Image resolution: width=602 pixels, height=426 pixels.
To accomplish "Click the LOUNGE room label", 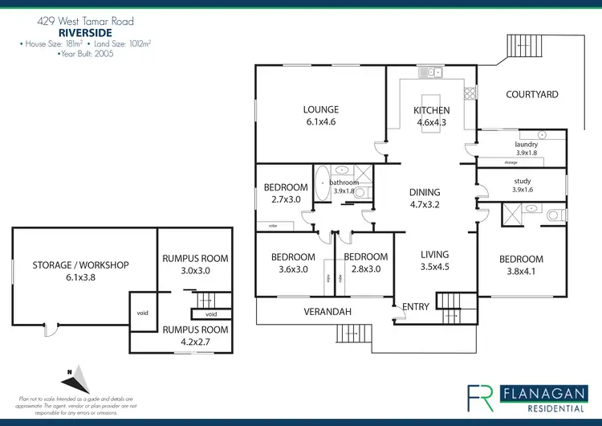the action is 320,110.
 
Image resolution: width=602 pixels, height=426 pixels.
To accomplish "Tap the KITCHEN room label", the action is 431,111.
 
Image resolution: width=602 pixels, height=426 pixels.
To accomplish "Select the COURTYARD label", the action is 532,95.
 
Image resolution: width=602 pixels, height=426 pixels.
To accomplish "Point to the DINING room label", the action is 425,192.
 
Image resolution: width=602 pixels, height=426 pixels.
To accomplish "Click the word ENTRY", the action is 416,306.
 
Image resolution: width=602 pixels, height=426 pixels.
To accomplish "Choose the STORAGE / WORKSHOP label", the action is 80,265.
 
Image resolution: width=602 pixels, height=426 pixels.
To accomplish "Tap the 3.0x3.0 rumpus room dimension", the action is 195,271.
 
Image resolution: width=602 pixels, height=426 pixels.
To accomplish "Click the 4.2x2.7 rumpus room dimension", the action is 195,342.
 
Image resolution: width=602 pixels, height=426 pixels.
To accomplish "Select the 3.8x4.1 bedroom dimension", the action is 521,271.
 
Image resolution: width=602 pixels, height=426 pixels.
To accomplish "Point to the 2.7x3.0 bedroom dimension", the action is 286,199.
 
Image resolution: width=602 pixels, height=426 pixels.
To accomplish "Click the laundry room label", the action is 526,145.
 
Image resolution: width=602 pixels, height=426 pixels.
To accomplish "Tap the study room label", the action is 523,182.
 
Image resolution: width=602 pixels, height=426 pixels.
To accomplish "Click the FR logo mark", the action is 481,395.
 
